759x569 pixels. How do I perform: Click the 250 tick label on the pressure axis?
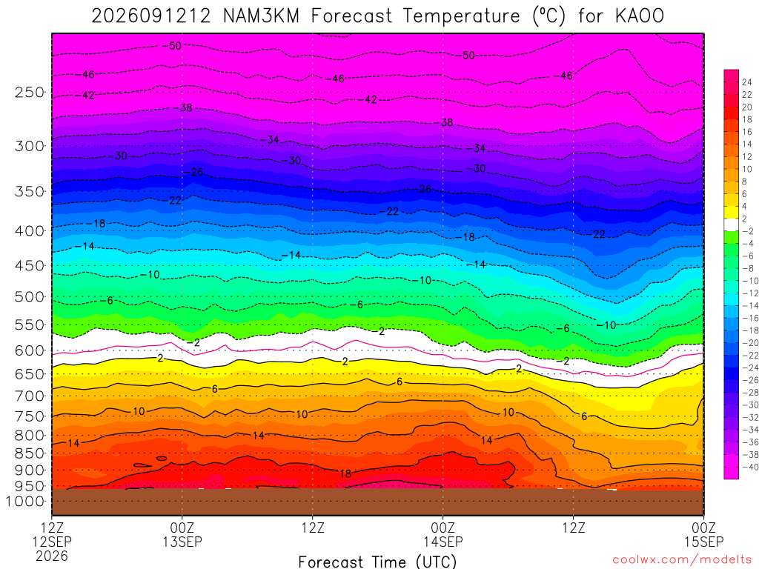point(30,92)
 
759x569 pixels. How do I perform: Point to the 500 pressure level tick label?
point(30,296)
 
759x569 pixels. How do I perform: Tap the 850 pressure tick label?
point(30,453)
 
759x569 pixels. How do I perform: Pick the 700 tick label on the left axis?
point(30,396)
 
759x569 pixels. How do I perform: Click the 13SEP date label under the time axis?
point(182,542)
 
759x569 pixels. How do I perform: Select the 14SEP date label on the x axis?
point(443,542)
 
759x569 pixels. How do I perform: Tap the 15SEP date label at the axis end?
point(703,542)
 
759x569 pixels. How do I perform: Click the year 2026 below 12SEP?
point(52,556)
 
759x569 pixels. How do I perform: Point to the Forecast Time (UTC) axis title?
point(377,562)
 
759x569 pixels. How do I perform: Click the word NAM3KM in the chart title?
point(261,16)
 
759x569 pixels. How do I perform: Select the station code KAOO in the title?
point(640,16)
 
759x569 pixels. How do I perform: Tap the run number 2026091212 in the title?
point(151,16)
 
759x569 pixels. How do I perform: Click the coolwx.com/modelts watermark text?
point(682,560)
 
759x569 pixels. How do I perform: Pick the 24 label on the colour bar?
point(747,82)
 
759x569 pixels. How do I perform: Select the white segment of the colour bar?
point(732,224)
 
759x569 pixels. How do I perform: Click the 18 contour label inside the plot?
point(345,473)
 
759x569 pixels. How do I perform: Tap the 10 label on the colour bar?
point(747,169)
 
